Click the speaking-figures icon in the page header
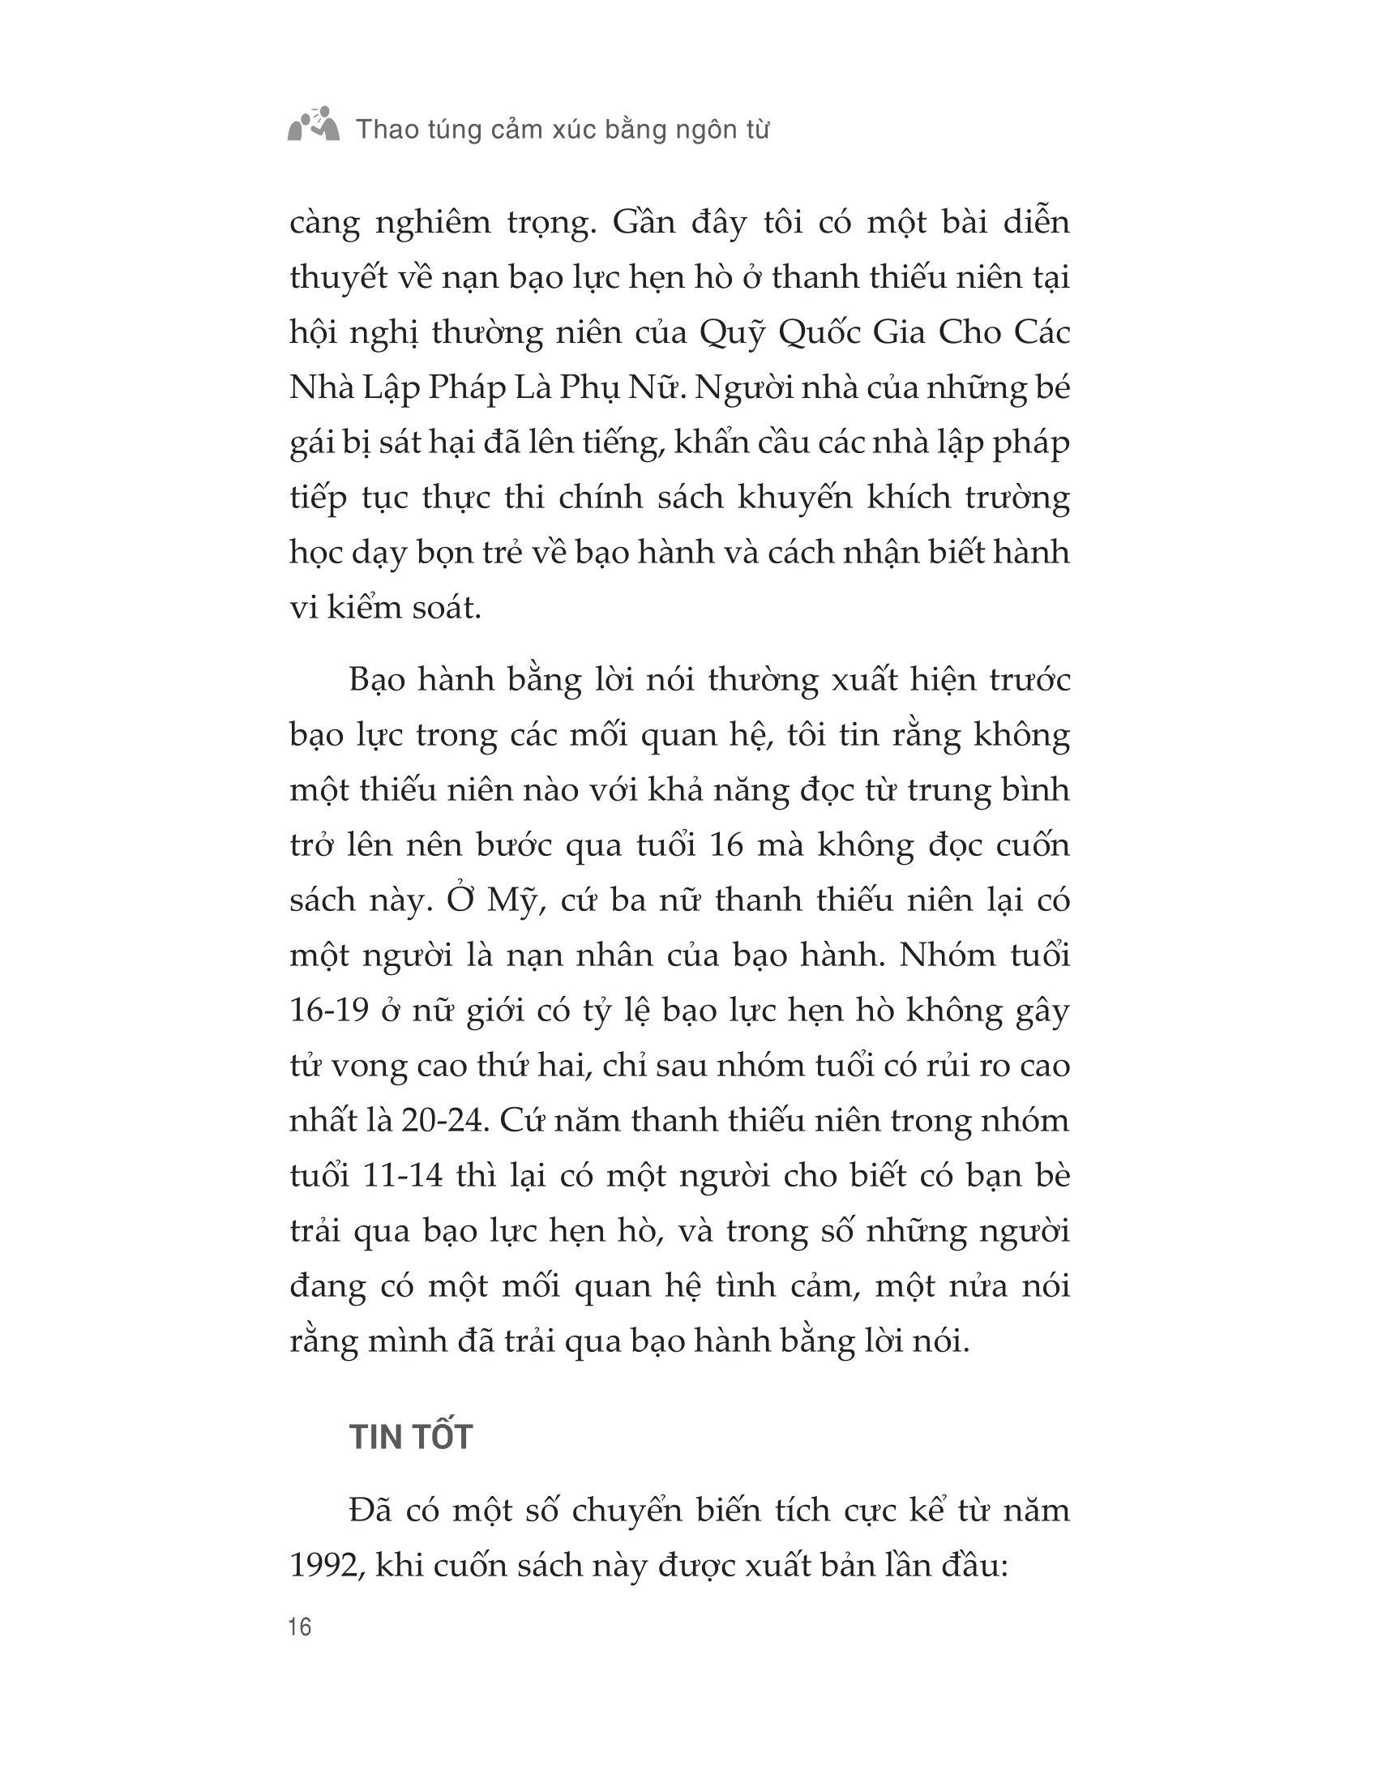tap(315, 125)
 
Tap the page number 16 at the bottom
tap(301, 1627)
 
